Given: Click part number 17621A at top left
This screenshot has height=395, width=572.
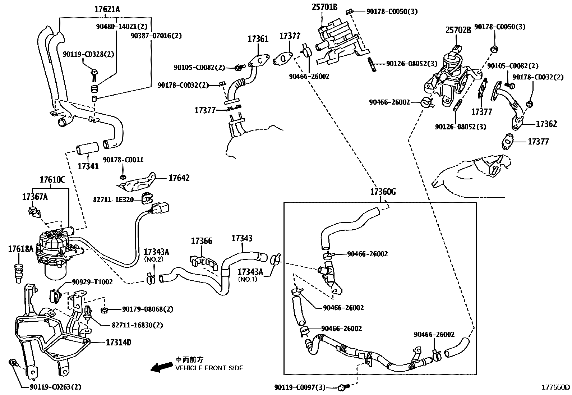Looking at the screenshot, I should pos(107,10).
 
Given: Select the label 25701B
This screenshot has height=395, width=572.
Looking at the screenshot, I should pos(324,6).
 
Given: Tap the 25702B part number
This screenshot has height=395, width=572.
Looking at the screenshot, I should pos(458,30).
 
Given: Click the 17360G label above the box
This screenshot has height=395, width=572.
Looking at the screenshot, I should pos(383,192).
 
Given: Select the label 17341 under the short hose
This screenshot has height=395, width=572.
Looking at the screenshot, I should pos(88,166).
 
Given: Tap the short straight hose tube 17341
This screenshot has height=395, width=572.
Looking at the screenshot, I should pos(87,148).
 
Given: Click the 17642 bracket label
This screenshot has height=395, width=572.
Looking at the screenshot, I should pos(179,178).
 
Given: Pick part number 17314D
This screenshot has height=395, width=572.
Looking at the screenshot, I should pos(118,342).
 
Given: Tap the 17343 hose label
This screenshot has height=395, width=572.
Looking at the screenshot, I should pos(242,238).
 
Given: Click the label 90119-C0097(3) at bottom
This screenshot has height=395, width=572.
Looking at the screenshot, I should pos(300,387).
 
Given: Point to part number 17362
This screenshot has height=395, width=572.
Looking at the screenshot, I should pos(546,124).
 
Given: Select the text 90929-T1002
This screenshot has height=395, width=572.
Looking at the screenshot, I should pos(92,282).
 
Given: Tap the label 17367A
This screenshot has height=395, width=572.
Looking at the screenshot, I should pos(35,197).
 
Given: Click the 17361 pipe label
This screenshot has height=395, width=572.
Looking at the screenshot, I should pos(258,39).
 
